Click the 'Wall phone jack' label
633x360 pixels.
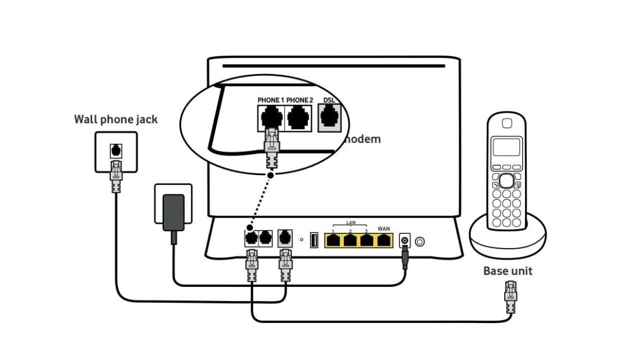[116, 119]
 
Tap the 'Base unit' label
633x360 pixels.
[508, 271]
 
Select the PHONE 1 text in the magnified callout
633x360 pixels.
[271, 100]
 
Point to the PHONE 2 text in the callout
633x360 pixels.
[299, 100]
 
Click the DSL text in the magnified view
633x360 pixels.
[329, 100]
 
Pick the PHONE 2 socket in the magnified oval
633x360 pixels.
[299, 119]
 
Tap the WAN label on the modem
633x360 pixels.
[384, 229]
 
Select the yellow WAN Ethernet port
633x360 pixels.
[384, 241]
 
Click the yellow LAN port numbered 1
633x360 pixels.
[334, 241]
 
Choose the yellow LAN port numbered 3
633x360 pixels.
[367, 241]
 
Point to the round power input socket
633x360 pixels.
[404, 241]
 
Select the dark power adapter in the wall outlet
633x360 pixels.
[173, 213]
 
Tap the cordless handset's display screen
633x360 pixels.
[506, 147]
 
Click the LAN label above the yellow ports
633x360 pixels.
[351, 223]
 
